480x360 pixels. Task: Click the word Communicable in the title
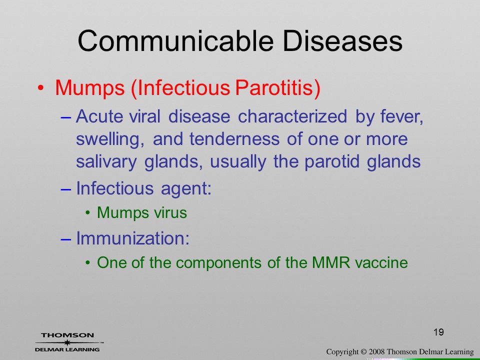175,41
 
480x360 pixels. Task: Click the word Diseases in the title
342,41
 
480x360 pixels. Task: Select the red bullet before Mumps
40,88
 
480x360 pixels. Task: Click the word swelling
110,139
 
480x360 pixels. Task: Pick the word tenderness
234,139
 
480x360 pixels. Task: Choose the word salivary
106,162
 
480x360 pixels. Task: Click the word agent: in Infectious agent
186,188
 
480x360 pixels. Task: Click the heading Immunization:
133,238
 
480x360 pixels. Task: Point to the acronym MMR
331,262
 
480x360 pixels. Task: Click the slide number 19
438,332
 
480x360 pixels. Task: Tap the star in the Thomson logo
67,342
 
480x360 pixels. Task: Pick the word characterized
292,116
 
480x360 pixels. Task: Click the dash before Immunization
66,239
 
